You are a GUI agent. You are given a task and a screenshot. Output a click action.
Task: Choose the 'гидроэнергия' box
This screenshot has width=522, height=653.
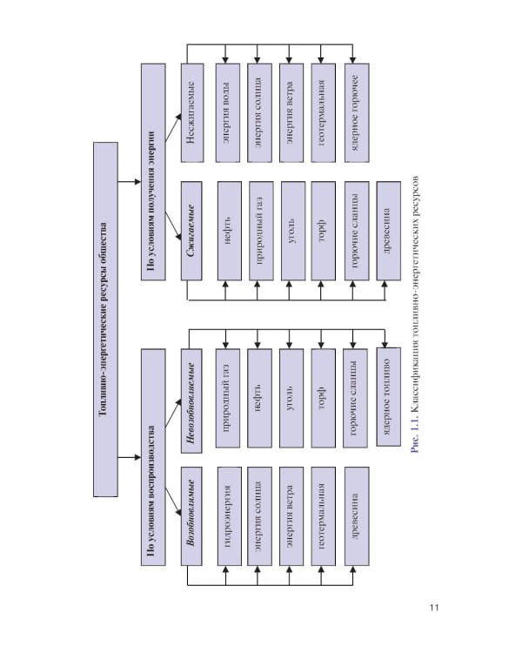tap(227, 519)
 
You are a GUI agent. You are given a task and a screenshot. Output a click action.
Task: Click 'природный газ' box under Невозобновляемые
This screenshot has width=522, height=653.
tap(227, 401)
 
